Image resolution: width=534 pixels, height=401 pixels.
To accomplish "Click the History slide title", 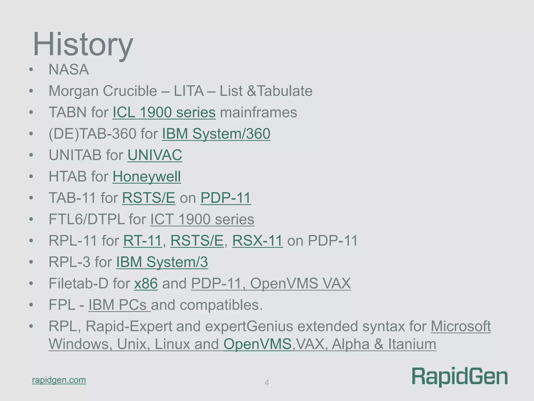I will tap(83, 44).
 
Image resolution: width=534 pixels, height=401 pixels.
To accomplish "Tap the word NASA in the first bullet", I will tap(69, 70).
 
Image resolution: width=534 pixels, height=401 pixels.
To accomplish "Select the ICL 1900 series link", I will tap(164, 113).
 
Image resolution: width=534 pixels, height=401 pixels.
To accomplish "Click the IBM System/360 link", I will tap(216, 134).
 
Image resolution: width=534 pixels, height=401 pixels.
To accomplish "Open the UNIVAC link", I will tap(155, 155).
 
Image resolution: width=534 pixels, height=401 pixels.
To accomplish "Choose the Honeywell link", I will tap(147, 177).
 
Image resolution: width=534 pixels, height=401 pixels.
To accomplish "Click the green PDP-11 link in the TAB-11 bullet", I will tap(226, 198).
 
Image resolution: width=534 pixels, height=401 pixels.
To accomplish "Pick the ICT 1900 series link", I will tap(202, 219).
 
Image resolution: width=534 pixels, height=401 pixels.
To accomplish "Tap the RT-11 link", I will tap(142, 241).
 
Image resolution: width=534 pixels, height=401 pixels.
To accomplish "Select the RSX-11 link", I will tap(257, 241).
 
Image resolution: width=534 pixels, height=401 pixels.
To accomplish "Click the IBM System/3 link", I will tap(162, 262).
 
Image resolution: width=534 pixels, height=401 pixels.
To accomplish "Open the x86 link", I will tap(146, 284).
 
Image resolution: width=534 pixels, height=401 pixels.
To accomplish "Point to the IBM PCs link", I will tap(119, 305).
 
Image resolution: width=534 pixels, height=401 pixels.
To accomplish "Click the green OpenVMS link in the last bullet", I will tap(257, 344).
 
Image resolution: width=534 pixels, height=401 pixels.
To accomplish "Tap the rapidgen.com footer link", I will tap(59, 380).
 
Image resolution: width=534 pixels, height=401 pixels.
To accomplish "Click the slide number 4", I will tap(267, 383).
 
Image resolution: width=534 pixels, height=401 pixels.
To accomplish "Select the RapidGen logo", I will tap(459, 377).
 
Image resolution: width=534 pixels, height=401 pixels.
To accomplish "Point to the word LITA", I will tap(188, 91).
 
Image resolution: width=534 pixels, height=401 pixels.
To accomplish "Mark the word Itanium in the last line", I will tap(412, 344).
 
